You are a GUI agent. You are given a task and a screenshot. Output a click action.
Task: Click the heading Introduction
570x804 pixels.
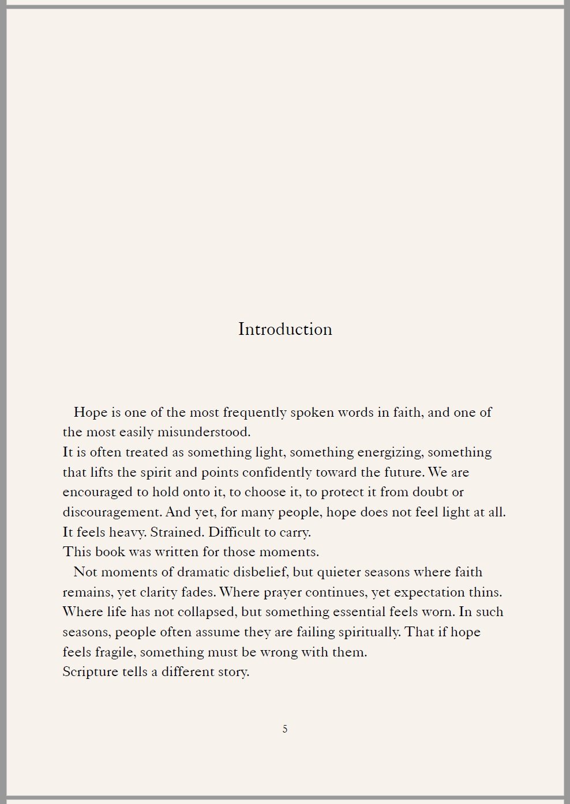click(x=285, y=329)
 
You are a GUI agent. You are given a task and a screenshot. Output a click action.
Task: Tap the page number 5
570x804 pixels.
click(x=285, y=729)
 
